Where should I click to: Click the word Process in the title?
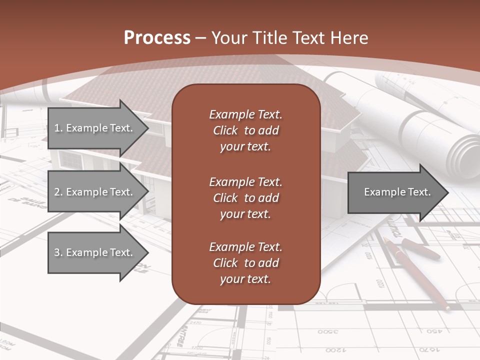point(157,37)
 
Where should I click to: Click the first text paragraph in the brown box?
point(245,130)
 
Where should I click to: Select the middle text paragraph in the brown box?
point(245,197)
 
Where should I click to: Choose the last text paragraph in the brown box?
point(245,263)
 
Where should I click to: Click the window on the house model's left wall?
point(69,160)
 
